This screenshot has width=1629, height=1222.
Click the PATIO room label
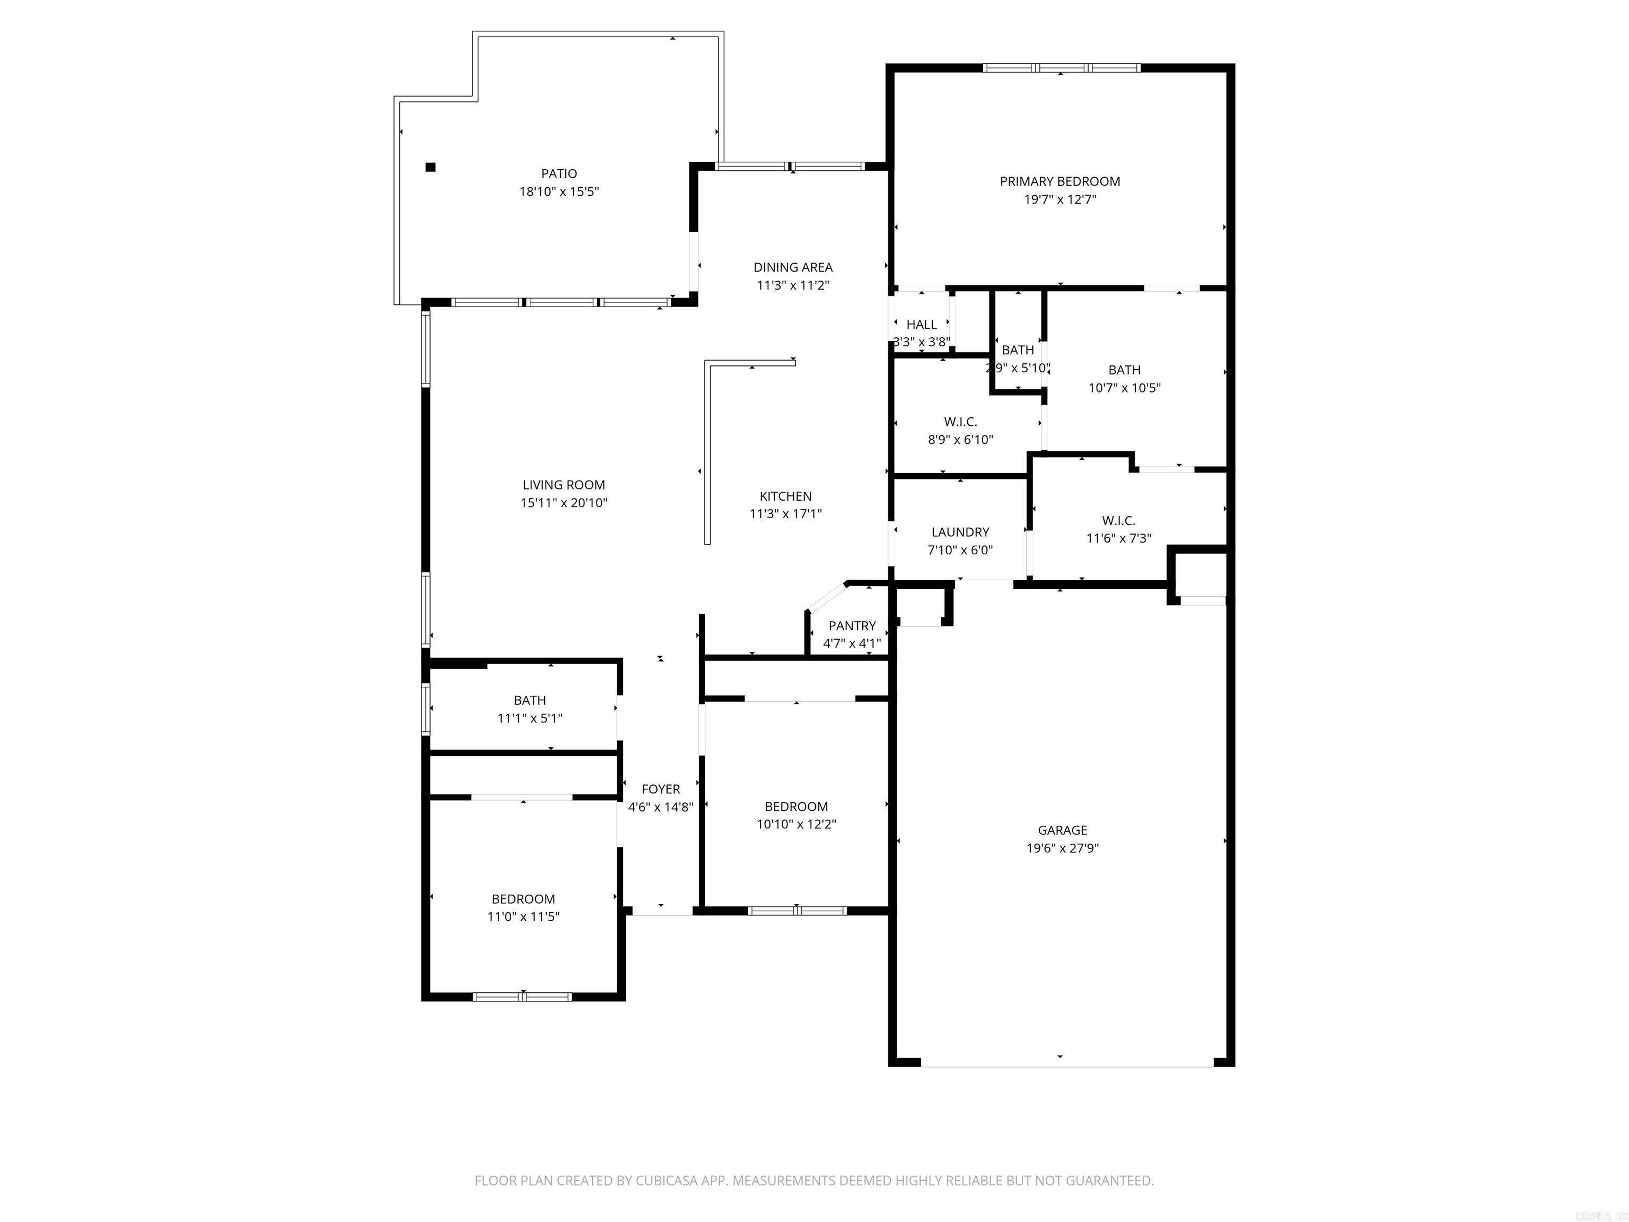point(559,174)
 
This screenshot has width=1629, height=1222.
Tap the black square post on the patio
point(431,167)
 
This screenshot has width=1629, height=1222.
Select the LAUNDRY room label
point(960,532)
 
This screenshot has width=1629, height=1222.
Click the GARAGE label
point(1062,830)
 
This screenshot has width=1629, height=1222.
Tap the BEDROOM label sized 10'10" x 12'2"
point(795,807)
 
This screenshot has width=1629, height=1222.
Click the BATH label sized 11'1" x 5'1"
point(530,701)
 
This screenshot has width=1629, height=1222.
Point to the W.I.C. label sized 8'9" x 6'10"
point(960,422)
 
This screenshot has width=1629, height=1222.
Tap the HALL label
point(921,324)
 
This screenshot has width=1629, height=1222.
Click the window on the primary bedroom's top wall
point(1061,68)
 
